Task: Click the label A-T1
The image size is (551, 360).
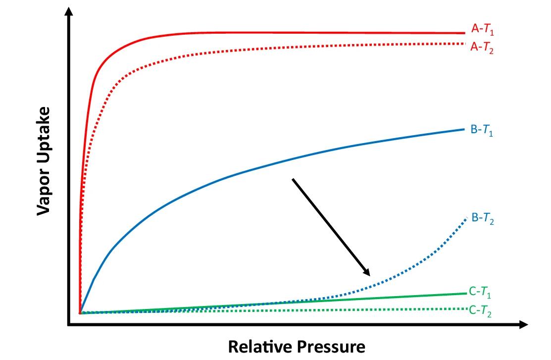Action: (x=482, y=30)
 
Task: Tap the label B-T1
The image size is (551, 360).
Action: (x=482, y=132)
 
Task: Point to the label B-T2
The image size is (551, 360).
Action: (x=482, y=218)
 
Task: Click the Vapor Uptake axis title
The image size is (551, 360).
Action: (x=45, y=161)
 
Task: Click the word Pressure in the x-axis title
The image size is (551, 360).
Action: (x=331, y=347)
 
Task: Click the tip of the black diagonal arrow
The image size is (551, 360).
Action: (x=369, y=275)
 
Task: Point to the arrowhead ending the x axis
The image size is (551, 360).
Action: (x=524, y=325)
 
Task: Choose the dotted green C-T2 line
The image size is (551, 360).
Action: (x=347, y=310)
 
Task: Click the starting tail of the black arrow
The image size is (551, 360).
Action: (x=293, y=179)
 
